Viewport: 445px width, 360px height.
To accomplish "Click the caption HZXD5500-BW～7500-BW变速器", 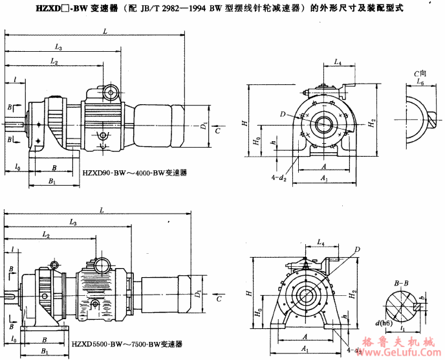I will tap(127, 344).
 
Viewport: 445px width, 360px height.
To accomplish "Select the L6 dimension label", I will tap(421, 84).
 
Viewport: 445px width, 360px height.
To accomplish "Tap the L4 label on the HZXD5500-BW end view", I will tap(320, 242).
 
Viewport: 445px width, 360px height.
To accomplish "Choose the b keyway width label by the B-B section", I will tap(422, 297).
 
